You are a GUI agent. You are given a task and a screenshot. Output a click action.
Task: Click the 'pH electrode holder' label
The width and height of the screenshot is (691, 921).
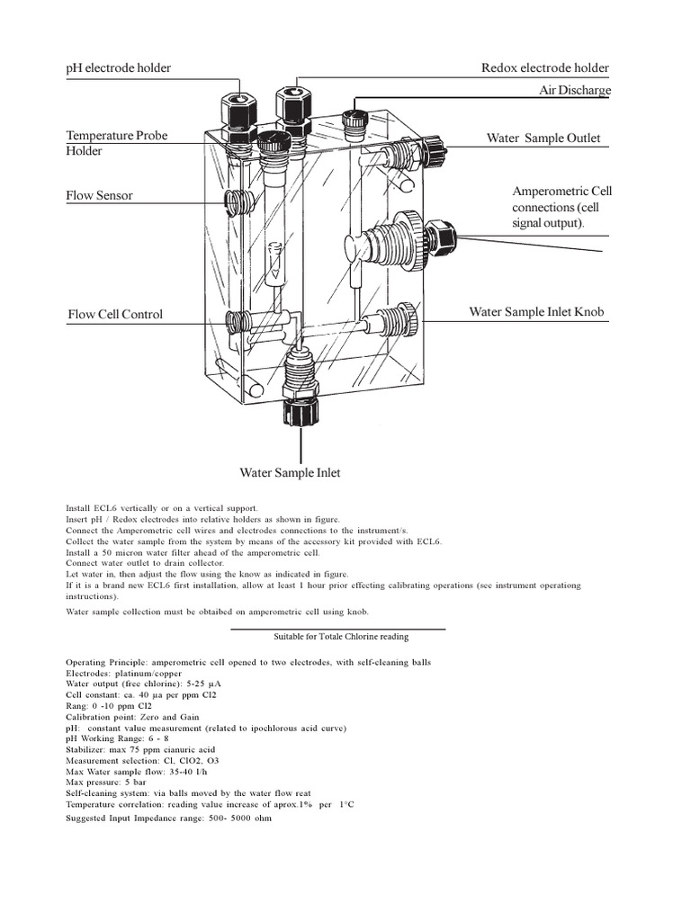(x=119, y=68)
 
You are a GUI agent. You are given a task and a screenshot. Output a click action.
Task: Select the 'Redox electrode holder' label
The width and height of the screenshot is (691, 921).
(x=545, y=68)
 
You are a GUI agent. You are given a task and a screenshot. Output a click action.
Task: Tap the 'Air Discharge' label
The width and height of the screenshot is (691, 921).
(x=574, y=91)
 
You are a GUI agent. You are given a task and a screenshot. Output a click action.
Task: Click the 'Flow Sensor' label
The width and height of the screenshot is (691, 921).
(x=99, y=195)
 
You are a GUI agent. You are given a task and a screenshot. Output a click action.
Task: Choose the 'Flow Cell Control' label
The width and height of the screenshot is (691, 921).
(x=115, y=315)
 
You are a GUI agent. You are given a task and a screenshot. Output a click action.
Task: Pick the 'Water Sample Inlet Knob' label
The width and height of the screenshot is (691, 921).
(x=536, y=312)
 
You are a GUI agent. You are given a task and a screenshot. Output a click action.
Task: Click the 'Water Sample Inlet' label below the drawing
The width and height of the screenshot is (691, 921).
(x=290, y=473)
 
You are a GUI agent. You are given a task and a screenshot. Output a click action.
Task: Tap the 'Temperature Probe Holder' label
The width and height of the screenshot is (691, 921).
(x=116, y=143)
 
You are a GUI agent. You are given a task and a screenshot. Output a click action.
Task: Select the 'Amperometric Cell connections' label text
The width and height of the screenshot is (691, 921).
(x=561, y=207)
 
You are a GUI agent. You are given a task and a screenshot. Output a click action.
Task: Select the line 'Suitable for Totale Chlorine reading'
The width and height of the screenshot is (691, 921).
(x=341, y=637)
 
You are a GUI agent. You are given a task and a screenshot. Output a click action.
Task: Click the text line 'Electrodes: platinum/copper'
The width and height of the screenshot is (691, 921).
(x=124, y=673)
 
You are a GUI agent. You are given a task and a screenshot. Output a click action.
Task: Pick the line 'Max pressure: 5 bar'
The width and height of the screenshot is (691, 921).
(x=106, y=782)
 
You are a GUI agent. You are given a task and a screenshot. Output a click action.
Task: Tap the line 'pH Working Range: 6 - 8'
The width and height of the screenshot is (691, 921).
(x=117, y=738)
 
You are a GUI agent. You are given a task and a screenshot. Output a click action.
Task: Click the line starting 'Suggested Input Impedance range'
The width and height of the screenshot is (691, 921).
(x=168, y=818)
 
